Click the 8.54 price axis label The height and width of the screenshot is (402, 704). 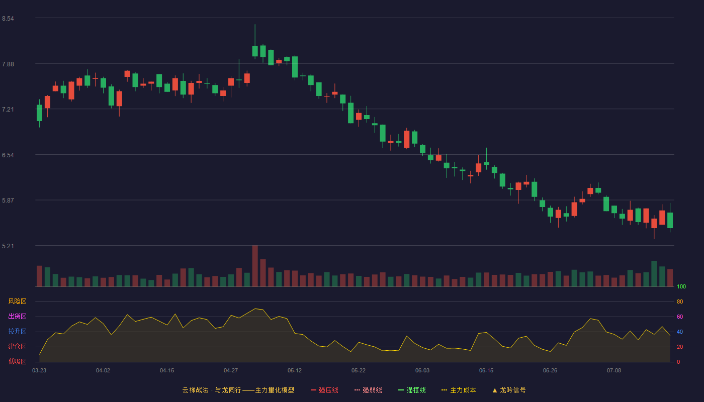8,19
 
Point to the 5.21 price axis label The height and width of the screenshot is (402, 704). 8,246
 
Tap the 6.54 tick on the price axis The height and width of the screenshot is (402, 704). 8,155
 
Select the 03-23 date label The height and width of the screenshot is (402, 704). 39,371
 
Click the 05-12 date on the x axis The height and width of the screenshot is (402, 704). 295,371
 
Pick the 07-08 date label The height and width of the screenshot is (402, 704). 614,371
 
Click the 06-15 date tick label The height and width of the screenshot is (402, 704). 486,371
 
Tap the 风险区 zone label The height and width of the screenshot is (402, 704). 17,301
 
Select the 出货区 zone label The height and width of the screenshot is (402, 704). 17,316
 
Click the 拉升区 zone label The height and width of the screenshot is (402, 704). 17,331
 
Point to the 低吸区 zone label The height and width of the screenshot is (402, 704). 17,361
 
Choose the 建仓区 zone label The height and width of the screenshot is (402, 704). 17,346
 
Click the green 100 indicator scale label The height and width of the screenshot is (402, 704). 681,286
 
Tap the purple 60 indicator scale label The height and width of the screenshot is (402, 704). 680,317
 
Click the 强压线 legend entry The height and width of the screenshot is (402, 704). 324,390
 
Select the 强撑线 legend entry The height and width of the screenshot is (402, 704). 412,390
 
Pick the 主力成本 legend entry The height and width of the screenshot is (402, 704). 459,390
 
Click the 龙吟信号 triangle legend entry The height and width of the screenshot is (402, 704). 509,390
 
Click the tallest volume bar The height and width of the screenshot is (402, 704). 255,266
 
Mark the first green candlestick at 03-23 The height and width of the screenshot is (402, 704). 39,113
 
